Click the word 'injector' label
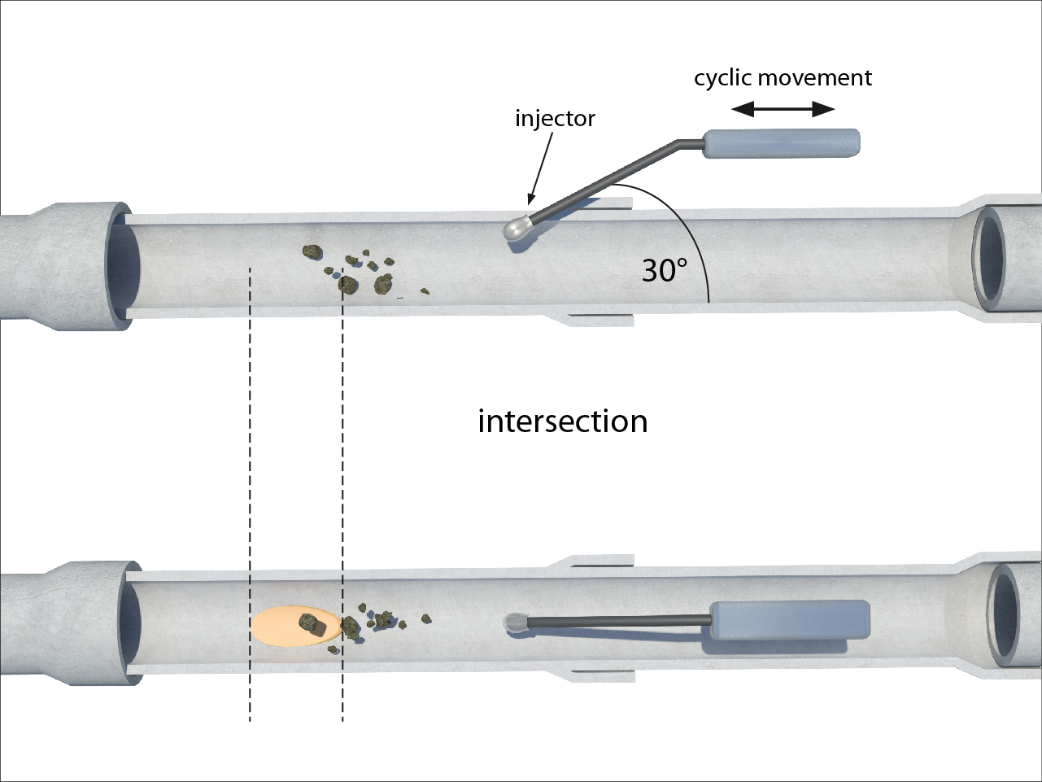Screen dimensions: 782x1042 pos(555,119)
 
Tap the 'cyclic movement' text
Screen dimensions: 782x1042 pos(783,78)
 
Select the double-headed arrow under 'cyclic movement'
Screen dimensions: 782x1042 pos(783,109)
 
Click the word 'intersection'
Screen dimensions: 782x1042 pos(562,422)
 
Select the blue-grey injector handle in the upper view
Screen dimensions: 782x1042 pos(781,143)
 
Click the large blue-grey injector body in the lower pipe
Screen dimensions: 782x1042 pos(790,620)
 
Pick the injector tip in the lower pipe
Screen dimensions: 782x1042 pos(514,623)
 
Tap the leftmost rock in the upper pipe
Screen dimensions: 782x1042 pos(311,251)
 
